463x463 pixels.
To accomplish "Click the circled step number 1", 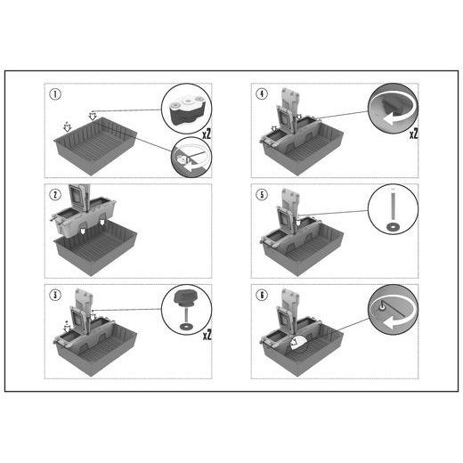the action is point(55,94).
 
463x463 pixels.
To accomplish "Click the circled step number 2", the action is point(55,195).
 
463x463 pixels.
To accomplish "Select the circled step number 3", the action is point(55,295).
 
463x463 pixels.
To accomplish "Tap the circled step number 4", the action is point(262,93).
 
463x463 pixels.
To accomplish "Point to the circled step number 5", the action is point(262,195).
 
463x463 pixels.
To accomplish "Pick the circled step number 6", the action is point(262,295).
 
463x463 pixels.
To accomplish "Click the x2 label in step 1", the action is point(207,134).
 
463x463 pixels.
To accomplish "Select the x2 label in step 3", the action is point(207,336).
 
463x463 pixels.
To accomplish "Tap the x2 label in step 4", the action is point(413,134).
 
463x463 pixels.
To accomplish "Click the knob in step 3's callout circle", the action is point(184,298).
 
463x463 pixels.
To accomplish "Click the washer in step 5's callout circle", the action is point(393,227).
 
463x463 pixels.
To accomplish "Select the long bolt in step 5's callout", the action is point(393,205).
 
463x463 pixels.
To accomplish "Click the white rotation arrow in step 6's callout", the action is point(394,321).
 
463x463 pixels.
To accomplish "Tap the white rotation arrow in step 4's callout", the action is point(394,118).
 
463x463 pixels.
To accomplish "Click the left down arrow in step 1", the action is point(68,127).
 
